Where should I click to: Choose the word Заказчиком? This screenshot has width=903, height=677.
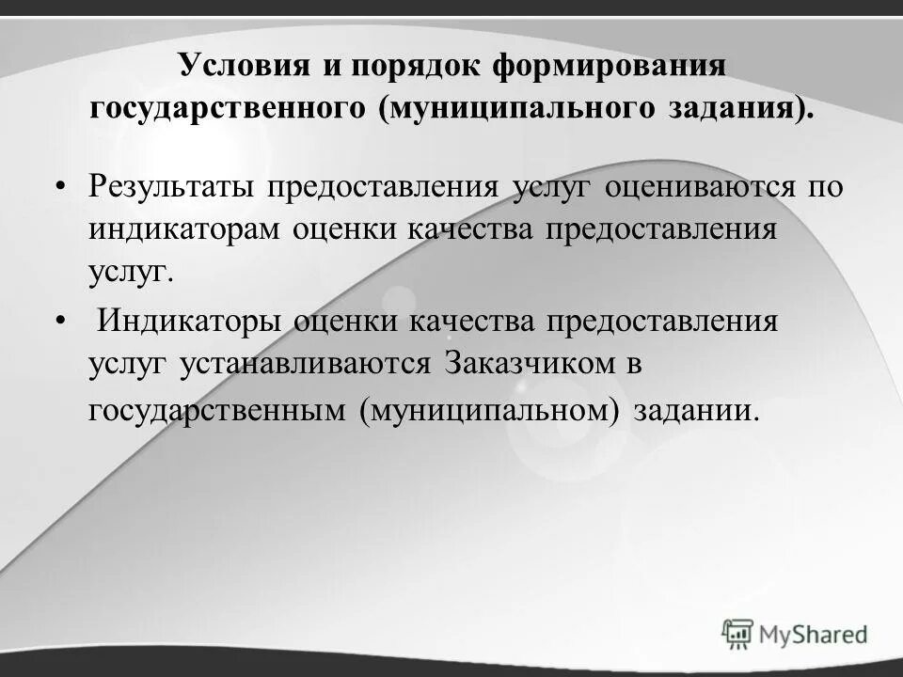point(527,363)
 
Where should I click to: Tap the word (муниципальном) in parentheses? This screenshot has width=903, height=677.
point(489,410)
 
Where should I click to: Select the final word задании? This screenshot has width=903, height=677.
point(695,410)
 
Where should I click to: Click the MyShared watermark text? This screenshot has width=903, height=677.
point(815,633)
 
